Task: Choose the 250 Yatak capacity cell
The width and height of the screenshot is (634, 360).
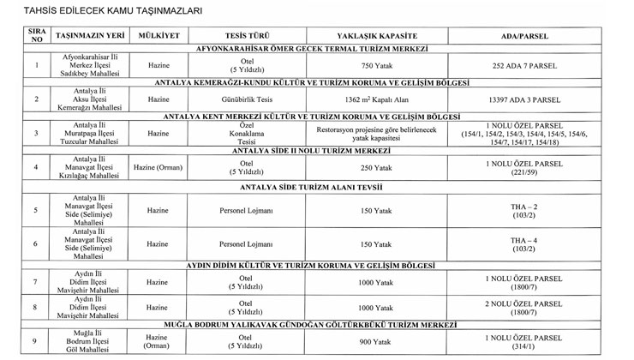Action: (x=369, y=166)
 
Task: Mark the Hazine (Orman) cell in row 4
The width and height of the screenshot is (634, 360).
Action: (x=158, y=166)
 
